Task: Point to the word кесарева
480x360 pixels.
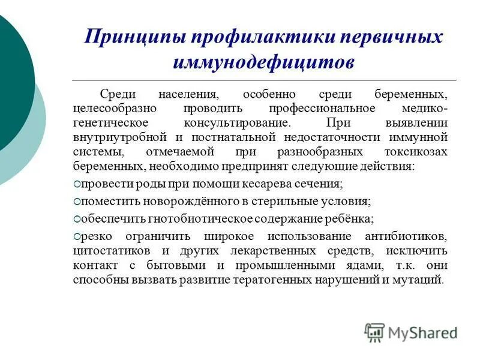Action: click(259, 184)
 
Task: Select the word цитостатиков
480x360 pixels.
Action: click(107, 250)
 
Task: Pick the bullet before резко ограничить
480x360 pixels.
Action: click(77, 236)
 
